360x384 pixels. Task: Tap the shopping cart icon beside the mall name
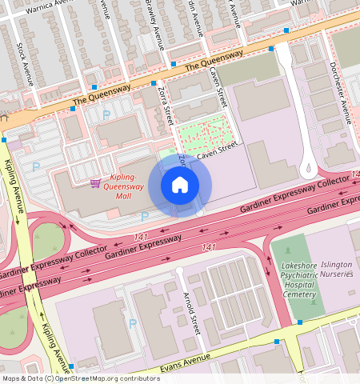tap(95, 183)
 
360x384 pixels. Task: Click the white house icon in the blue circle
tap(180, 186)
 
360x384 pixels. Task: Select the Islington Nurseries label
tap(336, 269)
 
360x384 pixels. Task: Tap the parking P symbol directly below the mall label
tap(144, 217)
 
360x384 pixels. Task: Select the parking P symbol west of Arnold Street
tap(133, 323)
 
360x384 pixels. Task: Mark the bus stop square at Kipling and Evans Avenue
tap(71, 366)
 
